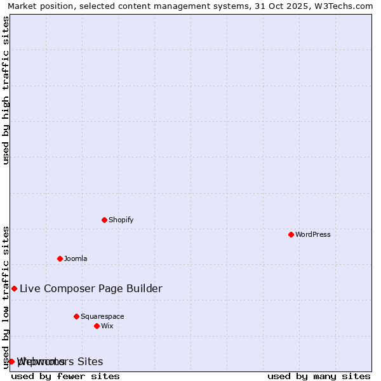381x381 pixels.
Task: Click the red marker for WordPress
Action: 291,234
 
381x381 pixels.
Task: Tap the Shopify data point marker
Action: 104,220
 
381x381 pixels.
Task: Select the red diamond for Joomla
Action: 60,258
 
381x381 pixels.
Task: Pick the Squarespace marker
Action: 76,316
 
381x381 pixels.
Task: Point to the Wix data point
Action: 97,326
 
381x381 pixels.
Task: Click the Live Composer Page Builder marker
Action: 14,288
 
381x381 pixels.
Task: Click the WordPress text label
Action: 313,234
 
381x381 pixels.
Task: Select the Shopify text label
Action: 121,220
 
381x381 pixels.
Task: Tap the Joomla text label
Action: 76,258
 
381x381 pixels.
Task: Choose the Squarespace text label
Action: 102,316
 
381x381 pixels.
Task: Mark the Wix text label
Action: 107,326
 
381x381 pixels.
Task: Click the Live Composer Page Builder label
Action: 91,288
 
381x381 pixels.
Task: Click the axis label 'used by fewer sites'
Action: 65,376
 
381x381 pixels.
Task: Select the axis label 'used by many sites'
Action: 319,376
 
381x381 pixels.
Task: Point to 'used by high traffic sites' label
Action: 6,90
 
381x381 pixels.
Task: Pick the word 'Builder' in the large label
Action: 143,288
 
